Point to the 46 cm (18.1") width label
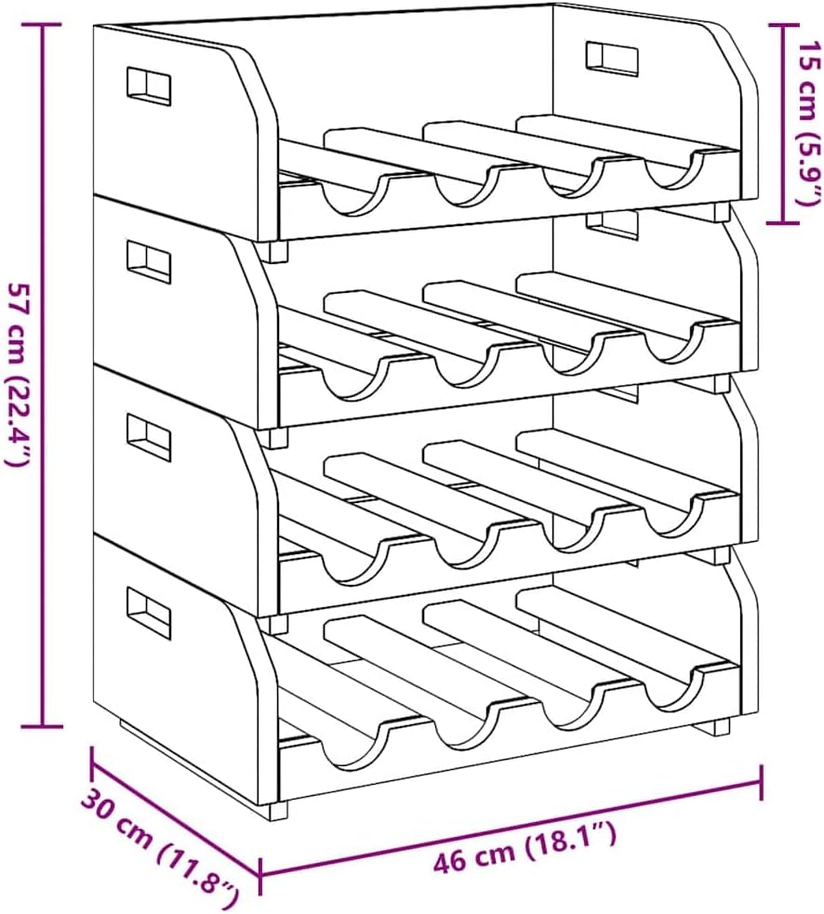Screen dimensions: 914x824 (525, 844)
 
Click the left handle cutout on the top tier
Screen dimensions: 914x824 (149, 86)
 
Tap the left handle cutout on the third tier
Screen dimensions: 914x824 (149, 437)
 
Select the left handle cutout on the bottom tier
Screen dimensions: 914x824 (149, 613)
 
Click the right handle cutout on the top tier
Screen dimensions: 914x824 (612, 59)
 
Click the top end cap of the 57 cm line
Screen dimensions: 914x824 (42, 25)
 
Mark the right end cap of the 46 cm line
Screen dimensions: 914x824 (762, 781)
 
